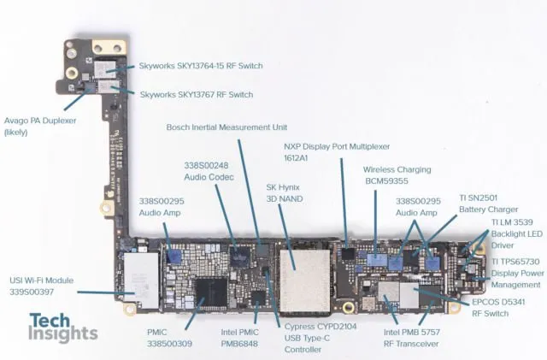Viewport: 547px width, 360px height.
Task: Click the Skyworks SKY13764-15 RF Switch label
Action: pyautogui.click(x=201, y=66)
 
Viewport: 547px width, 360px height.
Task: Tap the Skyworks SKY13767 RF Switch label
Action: pyautogui.click(x=197, y=95)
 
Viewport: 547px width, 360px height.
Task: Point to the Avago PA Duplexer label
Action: pyautogui.click(x=40, y=126)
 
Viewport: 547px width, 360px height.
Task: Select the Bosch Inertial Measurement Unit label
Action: pyautogui.click(x=226, y=127)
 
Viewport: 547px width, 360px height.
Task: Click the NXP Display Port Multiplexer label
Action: pyautogui.click(x=337, y=152)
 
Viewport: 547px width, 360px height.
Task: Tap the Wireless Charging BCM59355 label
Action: pyautogui.click(x=397, y=175)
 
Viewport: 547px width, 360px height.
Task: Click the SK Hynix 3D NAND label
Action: pyautogui.click(x=285, y=193)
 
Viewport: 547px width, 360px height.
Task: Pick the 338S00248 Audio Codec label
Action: pyautogui.click(x=209, y=171)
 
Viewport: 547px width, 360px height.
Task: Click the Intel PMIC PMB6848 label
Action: pyautogui.click(x=239, y=338)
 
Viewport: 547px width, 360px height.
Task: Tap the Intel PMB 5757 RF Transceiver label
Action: pyautogui.click(x=412, y=338)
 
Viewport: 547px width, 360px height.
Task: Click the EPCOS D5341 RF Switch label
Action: pyautogui.click(x=498, y=308)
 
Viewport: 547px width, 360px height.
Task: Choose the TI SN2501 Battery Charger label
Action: pyautogui.click(x=488, y=204)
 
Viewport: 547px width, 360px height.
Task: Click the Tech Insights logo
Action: pyautogui.click(x=62, y=327)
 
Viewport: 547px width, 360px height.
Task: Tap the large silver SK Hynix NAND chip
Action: pyautogui.click(x=305, y=280)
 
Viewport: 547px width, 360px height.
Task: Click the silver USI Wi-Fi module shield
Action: pyautogui.click(x=141, y=280)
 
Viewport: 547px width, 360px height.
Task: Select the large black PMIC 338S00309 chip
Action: pyautogui.click(x=211, y=292)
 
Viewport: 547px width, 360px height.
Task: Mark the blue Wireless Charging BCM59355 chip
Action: pyautogui.click(x=377, y=260)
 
